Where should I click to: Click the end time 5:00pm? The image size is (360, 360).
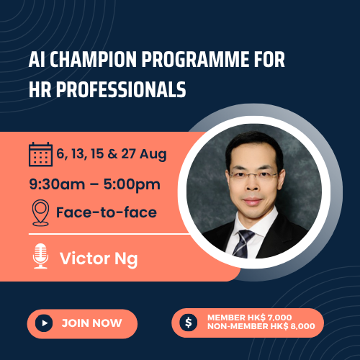pos(132,184)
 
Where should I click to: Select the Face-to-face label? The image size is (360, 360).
pos(107,213)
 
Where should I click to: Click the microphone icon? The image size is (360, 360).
pos(40,257)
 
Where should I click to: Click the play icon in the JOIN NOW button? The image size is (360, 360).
pos(45,323)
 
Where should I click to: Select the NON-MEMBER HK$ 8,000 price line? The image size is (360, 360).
pos(260,328)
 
